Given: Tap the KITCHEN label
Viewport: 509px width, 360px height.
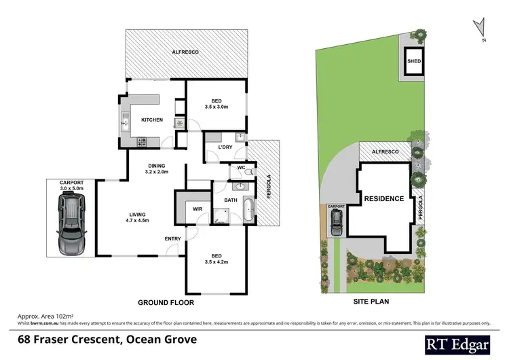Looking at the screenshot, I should point(151,120).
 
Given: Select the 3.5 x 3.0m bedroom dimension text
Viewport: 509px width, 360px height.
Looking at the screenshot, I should point(216,107).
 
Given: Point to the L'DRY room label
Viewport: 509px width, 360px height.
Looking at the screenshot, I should point(225,147).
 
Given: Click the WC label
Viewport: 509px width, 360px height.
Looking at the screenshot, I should point(242,167).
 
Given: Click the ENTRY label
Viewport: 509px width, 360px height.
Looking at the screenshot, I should point(172,238).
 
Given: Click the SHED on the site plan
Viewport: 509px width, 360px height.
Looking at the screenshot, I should point(414,61).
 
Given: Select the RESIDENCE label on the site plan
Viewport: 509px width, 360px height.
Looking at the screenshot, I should point(384,199).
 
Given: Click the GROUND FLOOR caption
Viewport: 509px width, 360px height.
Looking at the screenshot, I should point(166,302).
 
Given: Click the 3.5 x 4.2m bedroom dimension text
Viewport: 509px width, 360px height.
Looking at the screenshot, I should point(216,261).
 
